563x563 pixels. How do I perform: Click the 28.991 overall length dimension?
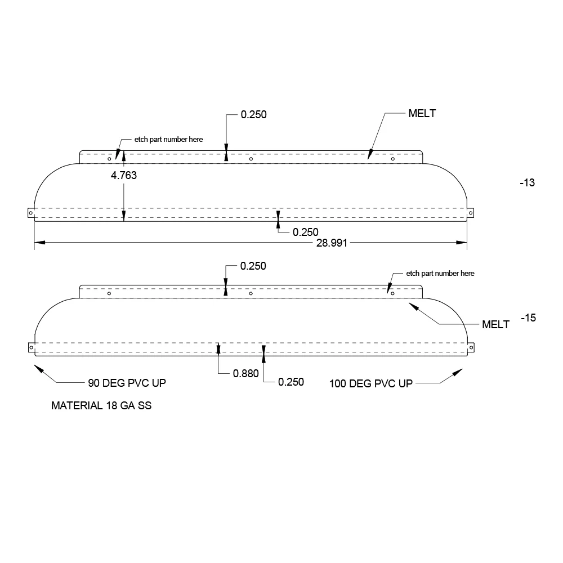click(x=332, y=243)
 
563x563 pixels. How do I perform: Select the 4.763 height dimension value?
click(x=124, y=175)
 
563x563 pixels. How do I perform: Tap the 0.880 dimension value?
click(x=246, y=374)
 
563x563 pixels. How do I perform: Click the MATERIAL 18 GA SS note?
click(x=101, y=406)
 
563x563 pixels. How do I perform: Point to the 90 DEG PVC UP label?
click(x=127, y=383)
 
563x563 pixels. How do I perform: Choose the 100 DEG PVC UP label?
click(x=371, y=384)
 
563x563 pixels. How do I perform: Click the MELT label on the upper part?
click(x=422, y=114)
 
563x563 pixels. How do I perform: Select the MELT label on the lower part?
click(x=495, y=325)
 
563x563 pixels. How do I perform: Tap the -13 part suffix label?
click(x=528, y=183)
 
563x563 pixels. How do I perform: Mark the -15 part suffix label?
click(x=529, y=318)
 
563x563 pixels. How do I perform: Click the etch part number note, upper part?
click(x=169, y=139)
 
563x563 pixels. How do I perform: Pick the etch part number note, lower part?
click(x=440, y=274)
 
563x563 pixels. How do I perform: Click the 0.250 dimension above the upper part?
click(x=254, y=114)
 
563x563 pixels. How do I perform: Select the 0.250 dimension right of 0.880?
click(x=291, y=382)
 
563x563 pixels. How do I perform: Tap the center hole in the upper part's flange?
click(x=251, y=159)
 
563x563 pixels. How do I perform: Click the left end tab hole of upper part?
click(x=31, y=213)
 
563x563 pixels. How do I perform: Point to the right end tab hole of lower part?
click(x=471, y=347)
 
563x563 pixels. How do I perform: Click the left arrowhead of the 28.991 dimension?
click(x=39, y=243)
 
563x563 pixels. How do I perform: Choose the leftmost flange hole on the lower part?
click(x=109, y=293)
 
